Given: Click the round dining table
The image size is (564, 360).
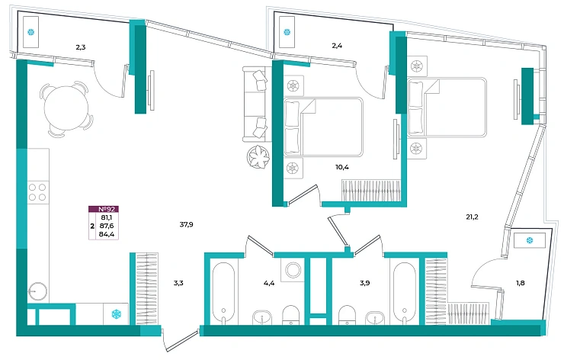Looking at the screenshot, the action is (x=66, y=108).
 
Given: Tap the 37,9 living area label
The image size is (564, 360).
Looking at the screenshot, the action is (x=186, y=225).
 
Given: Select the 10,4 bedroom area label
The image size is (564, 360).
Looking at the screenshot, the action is (x=342, y=167).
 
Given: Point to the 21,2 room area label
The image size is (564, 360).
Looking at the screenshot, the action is (x=472, y=217).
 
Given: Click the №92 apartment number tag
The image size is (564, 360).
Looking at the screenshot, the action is (x=104, y=209).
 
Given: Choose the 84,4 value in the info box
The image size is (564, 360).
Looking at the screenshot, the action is (x=107, y=234).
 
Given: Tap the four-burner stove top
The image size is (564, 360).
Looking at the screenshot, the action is (x=37, y=192).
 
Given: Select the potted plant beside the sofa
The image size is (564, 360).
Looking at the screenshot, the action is (x=258, y=156).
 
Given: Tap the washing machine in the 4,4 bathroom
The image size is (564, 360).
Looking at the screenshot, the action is (x=293, y=270).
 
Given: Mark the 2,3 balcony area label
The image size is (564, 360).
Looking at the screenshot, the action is (x=81, y=47).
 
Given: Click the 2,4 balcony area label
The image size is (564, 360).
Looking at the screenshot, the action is (x=337, y=46).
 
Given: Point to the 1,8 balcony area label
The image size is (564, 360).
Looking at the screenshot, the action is (x=520, y=283).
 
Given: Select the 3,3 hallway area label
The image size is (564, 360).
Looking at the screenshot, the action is (x=178, y=283).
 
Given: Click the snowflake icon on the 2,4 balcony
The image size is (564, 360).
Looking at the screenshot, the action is (x=287, y=32).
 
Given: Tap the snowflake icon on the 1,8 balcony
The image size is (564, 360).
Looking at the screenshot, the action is (x=530, y=240).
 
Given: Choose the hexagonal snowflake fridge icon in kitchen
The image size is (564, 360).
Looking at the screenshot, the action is (x=116, y=314).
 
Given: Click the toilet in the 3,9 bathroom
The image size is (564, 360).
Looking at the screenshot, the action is (x=347, y=315).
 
